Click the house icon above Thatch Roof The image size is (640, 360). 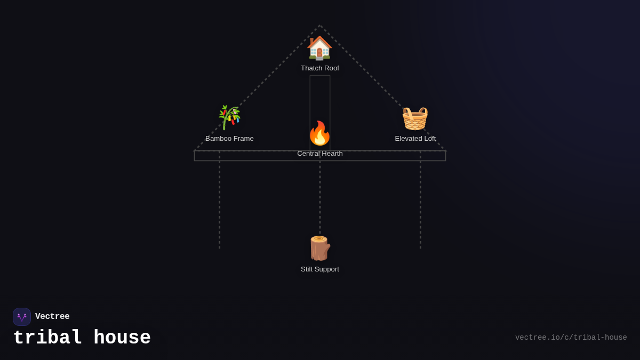[x=319, y=48]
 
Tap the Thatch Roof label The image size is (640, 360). [x=320, y=68]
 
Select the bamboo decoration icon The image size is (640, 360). [x=229, y=117]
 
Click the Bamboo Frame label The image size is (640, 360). [x=229, y=139]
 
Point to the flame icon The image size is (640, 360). [x=319, y=133]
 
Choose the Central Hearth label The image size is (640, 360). [x=320, y=154]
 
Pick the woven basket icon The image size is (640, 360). [x=415, y=118]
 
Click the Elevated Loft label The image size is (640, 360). [x=415, y=139]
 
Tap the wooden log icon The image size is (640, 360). [x=319, y=249]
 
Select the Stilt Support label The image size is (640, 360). [x=320, y=269]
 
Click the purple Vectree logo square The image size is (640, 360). [x=22, y=317]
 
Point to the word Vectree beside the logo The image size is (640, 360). [x=52, y=317]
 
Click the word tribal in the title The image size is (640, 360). [x=47, y=338]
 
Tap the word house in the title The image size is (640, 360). [x=122, y=338]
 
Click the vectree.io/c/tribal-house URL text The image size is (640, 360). [x=571, y=338]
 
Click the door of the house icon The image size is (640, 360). [x=319, y=53]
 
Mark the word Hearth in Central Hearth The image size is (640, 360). [x=331, y=154]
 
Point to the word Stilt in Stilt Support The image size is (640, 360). [x=308, y=269]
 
